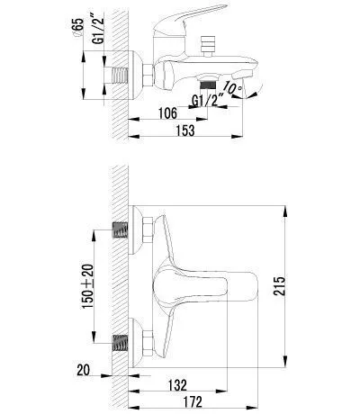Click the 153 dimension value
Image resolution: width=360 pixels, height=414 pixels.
coord(185,130)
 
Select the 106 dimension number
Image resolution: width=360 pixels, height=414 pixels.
coord(167,113)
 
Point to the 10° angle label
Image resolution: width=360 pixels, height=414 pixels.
coord(233,87)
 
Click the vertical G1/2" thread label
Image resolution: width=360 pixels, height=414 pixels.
coord(98,29)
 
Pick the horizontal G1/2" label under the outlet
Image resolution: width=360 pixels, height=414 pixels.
coord(208,100)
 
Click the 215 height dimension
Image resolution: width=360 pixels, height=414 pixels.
coord(279,286)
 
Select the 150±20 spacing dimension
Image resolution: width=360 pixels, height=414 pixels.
coord(88,286)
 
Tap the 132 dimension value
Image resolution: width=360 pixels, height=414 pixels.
coord(177,385)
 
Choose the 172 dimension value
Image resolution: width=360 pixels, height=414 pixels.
coord(192,402)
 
